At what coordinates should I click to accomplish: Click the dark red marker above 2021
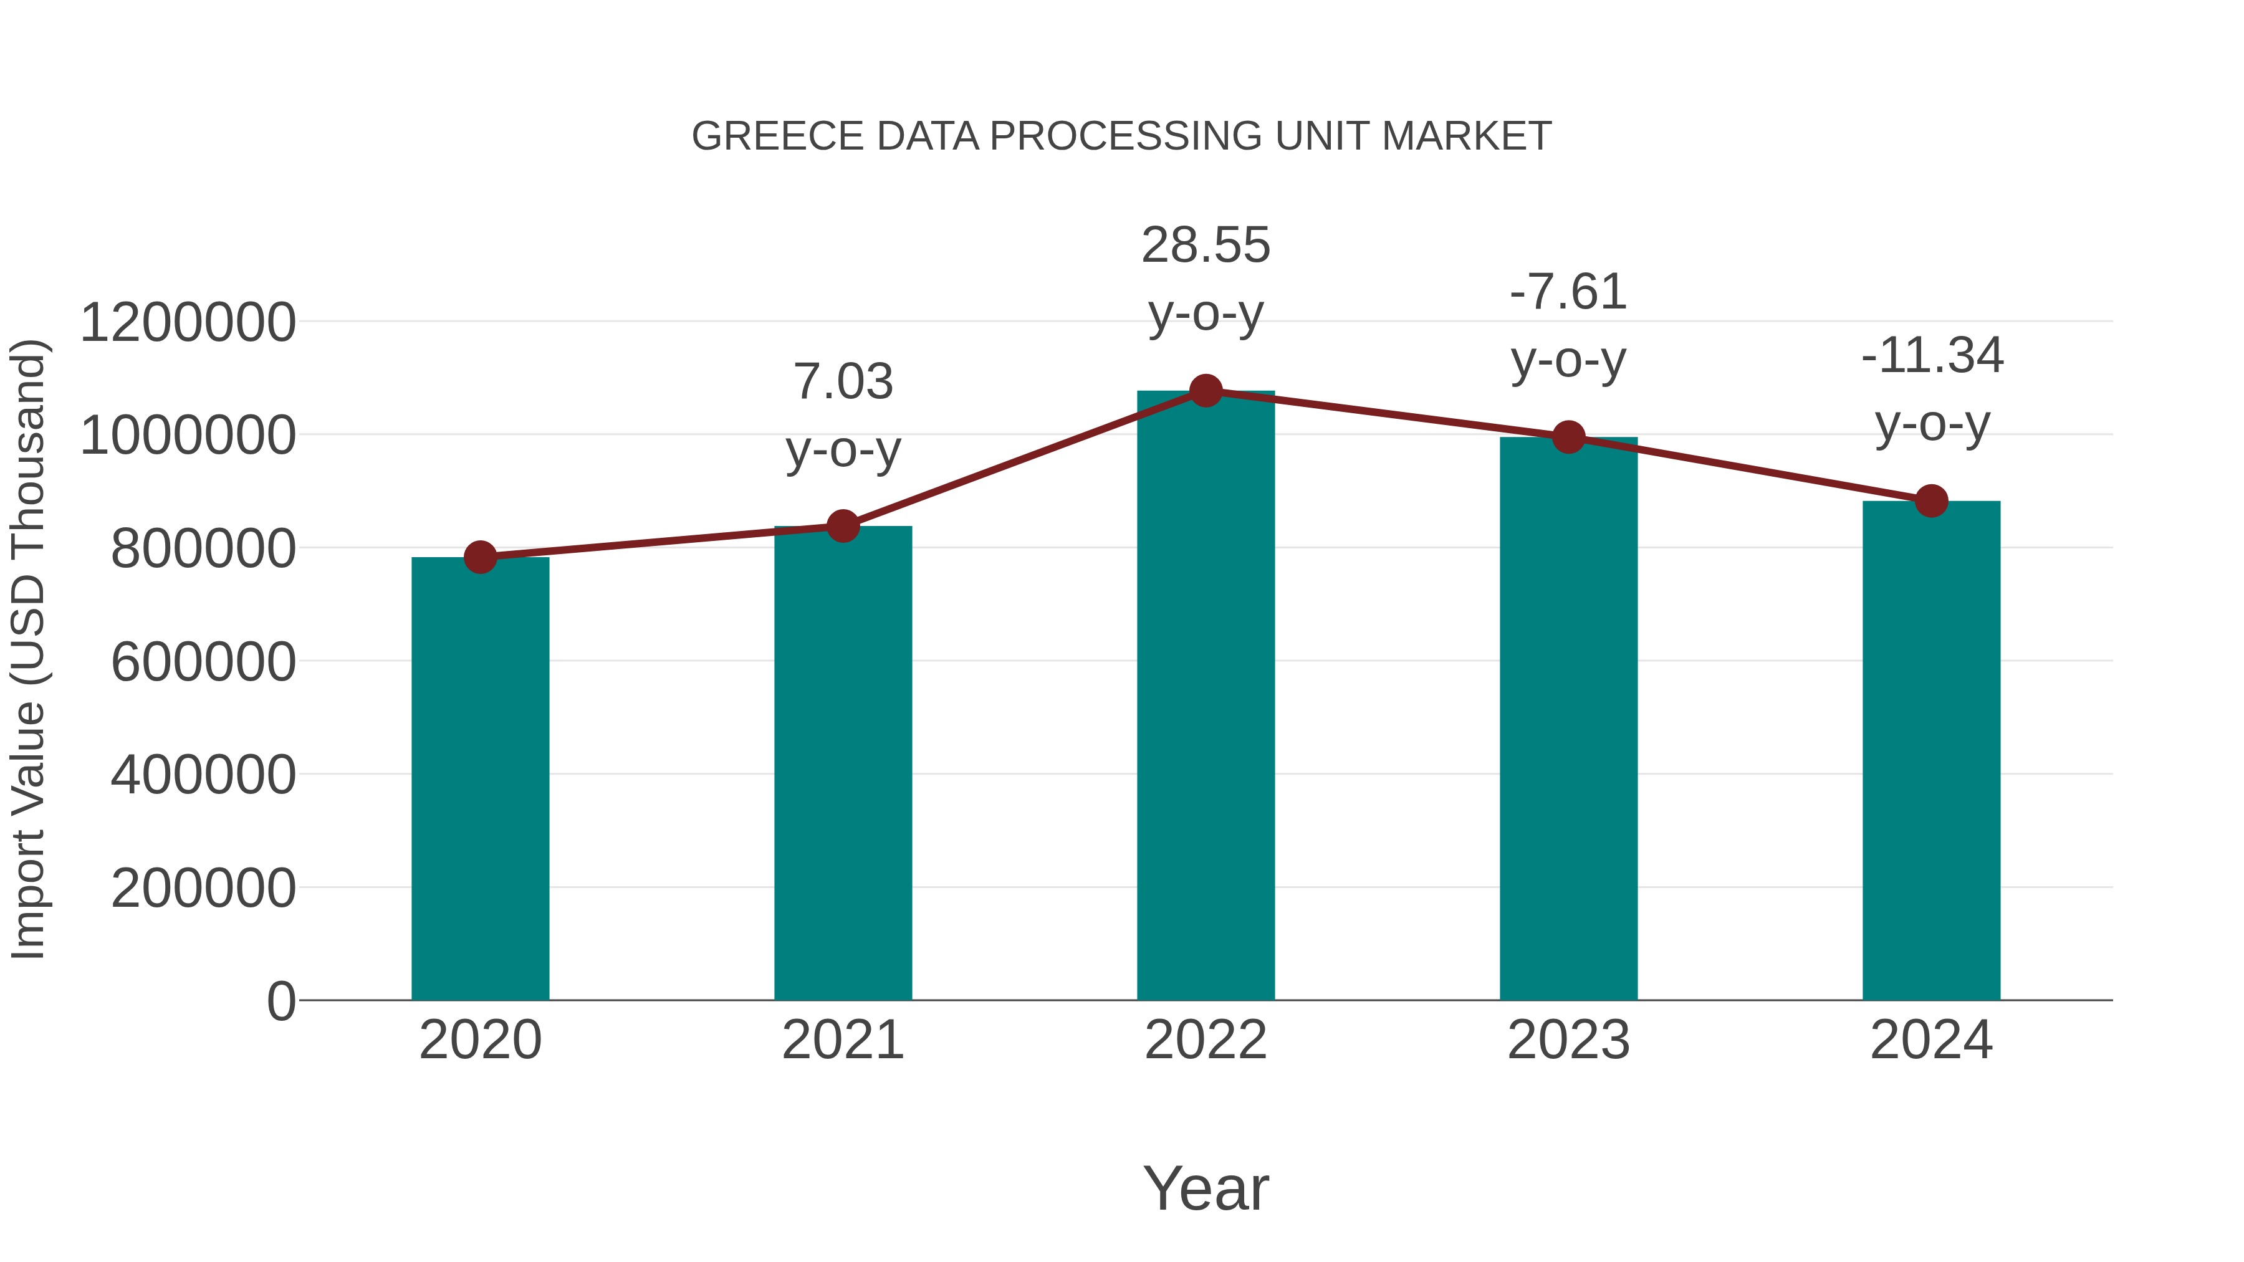[x=843, y=526]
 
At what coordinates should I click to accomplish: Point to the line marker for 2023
[x=1568, y=437]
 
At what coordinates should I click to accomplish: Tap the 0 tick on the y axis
[x=280, y=1001]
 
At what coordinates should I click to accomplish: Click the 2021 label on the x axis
[x=843, y=1040]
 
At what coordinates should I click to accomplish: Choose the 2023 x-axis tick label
[x=1568, y=1040]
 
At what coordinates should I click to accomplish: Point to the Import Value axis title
[x=28, y=649]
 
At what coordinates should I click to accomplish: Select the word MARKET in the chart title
[x=1466, y=136]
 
